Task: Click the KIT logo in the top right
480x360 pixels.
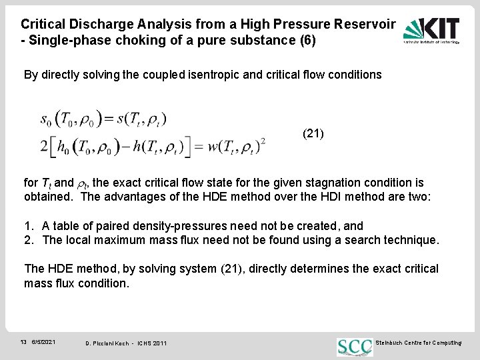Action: [431, 30]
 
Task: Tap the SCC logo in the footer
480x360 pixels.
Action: [354, 345]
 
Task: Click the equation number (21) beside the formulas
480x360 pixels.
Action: [313, 133]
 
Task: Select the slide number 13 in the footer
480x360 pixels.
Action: [23, 342]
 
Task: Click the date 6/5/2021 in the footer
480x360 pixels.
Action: [44, 342]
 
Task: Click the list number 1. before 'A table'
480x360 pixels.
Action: [29, 226]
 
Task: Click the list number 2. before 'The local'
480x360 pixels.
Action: [29, 240]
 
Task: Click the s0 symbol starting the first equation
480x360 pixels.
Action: [45, 120]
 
